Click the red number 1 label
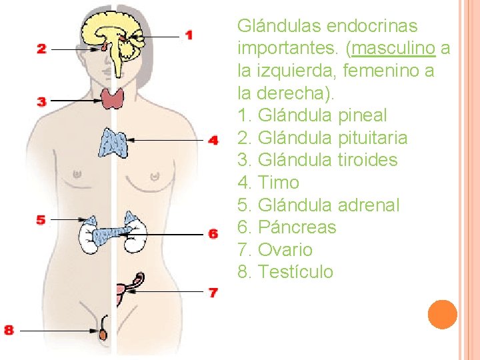click(x=189, y=35)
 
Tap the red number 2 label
click(x=41, y=49)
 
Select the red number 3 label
click(x=41, y=101)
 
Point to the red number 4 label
click(x=213, y=140)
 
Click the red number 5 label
click(x=41, y=219)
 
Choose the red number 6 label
click(x=213, y=233)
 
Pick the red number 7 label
click(x=213, y=292)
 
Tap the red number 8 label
click(x=9, y=329)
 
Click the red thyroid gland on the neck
click(x=113, y=98)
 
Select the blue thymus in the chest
click(x=113, y=141)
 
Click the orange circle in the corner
click(x=443, y=315)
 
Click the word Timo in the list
click(x=278, y=183)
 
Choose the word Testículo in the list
click(x=295, y=272)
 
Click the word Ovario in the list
click(x=285, y=250)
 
